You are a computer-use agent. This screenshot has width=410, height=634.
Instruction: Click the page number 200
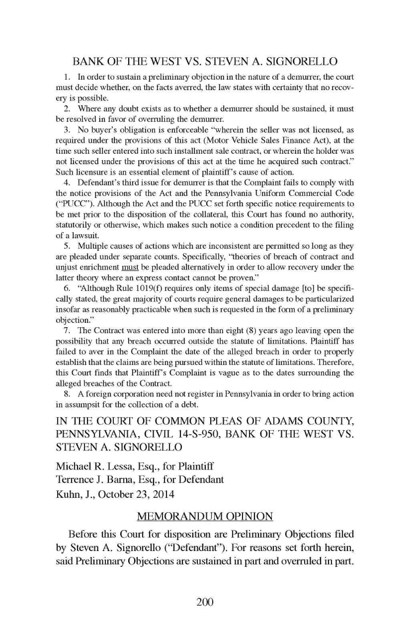[205, 602]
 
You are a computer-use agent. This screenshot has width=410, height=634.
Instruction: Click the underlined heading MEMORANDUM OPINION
[205, 516]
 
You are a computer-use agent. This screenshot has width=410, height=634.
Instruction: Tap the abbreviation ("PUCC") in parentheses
[71, 204]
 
